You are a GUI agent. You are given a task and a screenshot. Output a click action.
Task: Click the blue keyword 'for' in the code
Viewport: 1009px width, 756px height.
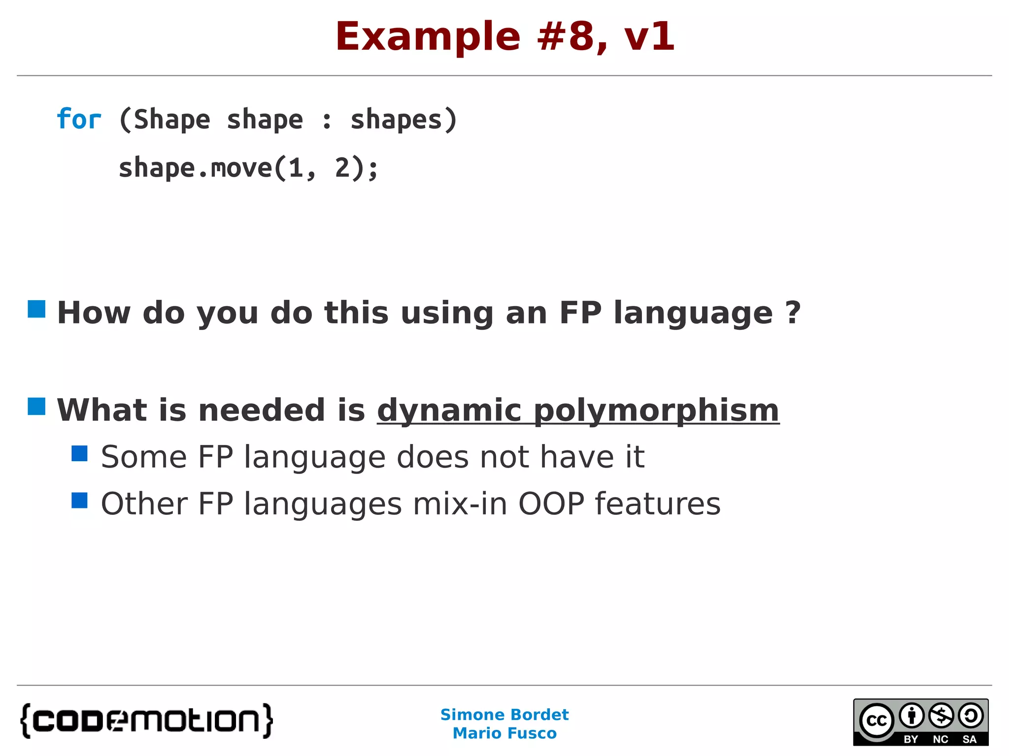click(79, 120)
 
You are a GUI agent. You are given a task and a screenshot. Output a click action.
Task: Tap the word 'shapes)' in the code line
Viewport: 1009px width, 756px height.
click(404, 120)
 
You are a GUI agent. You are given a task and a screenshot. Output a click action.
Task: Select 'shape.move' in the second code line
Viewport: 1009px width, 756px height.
click(195, 168)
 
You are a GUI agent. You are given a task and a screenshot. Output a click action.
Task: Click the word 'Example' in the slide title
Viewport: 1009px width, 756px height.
click(428, 37)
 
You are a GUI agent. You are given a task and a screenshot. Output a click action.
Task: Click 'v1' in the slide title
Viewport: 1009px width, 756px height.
click(649, 37)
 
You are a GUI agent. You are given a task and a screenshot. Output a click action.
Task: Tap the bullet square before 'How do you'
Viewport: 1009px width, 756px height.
click(36, 309)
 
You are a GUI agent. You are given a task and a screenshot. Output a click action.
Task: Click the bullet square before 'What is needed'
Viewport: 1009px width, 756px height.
click(36, 407)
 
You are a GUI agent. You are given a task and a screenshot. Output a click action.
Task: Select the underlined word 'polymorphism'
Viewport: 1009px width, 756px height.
click(656, 410)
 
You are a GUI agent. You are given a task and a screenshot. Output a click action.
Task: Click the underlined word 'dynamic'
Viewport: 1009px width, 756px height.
click(449, 410)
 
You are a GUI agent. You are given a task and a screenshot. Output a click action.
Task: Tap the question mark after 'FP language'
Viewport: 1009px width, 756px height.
click(793, 312)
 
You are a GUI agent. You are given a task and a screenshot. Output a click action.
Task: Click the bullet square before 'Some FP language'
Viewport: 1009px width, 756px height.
click(79, 453)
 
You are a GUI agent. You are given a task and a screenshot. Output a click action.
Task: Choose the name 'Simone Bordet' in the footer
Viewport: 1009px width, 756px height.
click(504, 714)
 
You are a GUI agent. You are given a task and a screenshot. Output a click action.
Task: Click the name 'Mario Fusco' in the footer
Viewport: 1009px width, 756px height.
click(504, 733)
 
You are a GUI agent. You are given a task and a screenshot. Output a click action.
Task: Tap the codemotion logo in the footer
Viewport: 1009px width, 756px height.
click(146, 721)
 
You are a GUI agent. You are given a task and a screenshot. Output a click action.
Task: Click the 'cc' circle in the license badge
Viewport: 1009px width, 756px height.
click(876, 721)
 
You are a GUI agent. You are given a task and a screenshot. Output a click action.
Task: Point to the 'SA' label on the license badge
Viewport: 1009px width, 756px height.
click(969, 739)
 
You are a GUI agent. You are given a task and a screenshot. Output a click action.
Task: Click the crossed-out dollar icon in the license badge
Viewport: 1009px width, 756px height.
click(941, 716)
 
